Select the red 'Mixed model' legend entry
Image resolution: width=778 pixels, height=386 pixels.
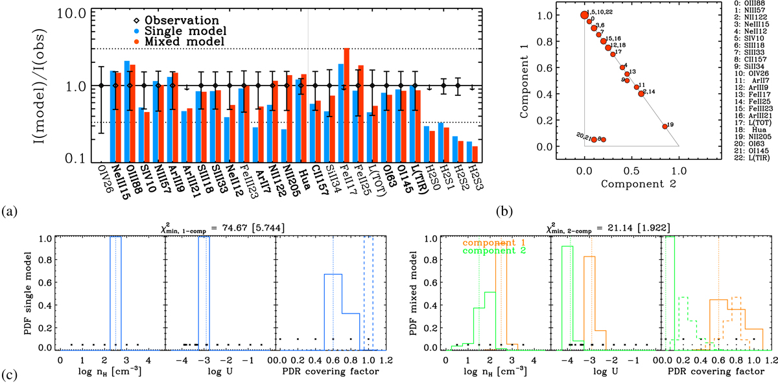coord(174,41)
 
